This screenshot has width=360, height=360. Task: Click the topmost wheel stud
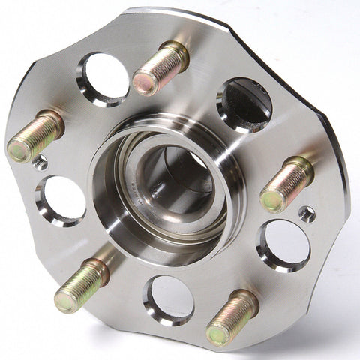tap(160, 67)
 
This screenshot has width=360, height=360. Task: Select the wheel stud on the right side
tap(287, 184)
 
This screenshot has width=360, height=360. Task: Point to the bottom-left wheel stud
tap(81, 285)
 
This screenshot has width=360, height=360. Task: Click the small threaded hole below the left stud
tap(40, 161)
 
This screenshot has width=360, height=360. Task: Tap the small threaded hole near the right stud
tap(306, 214)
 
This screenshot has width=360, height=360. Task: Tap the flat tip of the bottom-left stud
tap(65, 301)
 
